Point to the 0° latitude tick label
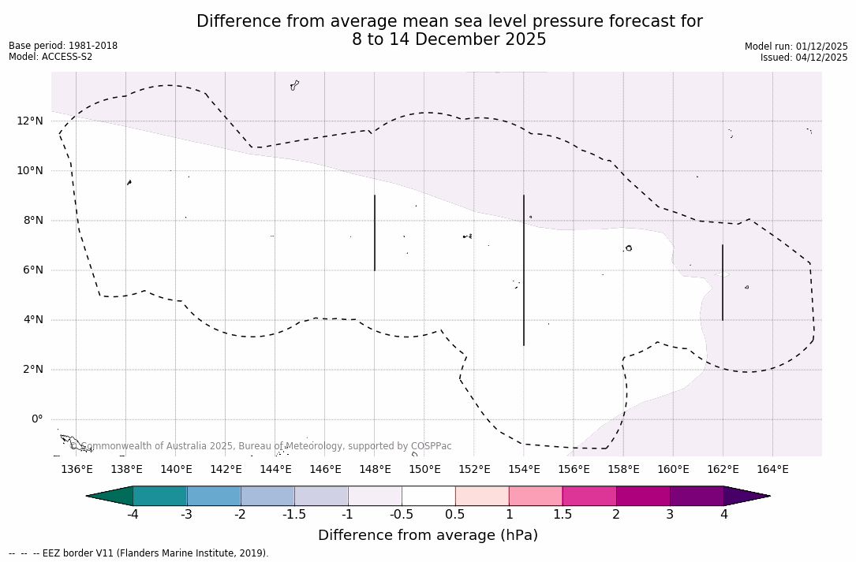(x=36, y=419)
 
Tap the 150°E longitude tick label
(x=424, y=469)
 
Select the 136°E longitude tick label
(x=77, y=469)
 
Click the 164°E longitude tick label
(x=772, y=469)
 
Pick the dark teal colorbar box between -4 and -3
(x=160, y=496)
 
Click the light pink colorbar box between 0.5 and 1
(x=482, y=496)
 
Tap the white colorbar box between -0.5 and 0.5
(x=428, y=496)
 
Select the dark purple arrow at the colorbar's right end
(x=746, y=496)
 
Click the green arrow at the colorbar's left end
(x=110, y=496)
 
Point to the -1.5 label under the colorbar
(x=294, y=515)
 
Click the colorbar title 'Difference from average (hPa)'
(x=428, y=535)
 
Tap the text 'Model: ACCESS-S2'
(x=50, y=57)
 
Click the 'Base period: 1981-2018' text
(x=63, y=46)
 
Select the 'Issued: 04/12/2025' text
(x=804, y=58)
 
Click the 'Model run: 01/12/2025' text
(x=796, y=47)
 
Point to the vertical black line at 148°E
(x=375, y=233)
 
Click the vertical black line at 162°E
(x=723, y=282)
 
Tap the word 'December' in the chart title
(x=442, y=39)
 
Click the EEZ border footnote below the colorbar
(x=139, y=553)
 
